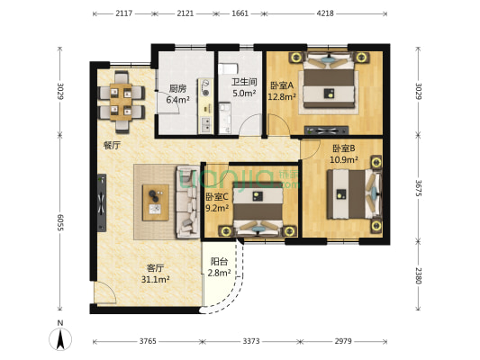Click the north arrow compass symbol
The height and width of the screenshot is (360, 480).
(60, 339)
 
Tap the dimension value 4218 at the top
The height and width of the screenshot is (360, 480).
(325, 13)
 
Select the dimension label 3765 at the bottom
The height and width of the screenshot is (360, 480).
(148, 341)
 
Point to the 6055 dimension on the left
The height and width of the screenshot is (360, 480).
(60, 222)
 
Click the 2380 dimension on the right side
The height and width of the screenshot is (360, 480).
(419, 276)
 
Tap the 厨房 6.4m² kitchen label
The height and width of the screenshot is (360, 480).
(177, 94)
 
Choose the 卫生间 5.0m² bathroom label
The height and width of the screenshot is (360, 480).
(244, 87)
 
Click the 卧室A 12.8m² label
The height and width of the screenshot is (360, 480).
(282, 91)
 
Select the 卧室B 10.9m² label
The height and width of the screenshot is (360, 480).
(344, 154)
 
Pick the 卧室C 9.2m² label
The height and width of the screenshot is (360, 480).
(217, 202)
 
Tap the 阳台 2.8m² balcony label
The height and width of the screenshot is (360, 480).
(219, 267)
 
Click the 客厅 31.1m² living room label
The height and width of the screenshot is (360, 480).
(156, 274)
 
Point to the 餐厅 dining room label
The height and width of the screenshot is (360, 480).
(112, 145)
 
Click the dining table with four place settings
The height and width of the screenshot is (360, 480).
(121, 102)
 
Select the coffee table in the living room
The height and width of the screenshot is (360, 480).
(156, 202)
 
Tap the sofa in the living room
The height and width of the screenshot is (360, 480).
(187, 202)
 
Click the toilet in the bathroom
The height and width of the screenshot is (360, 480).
(228, 68)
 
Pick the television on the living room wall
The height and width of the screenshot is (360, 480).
(102, 202)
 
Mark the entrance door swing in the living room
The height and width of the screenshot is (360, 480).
(105, 292)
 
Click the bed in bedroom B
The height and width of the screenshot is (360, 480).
(355, 193)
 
